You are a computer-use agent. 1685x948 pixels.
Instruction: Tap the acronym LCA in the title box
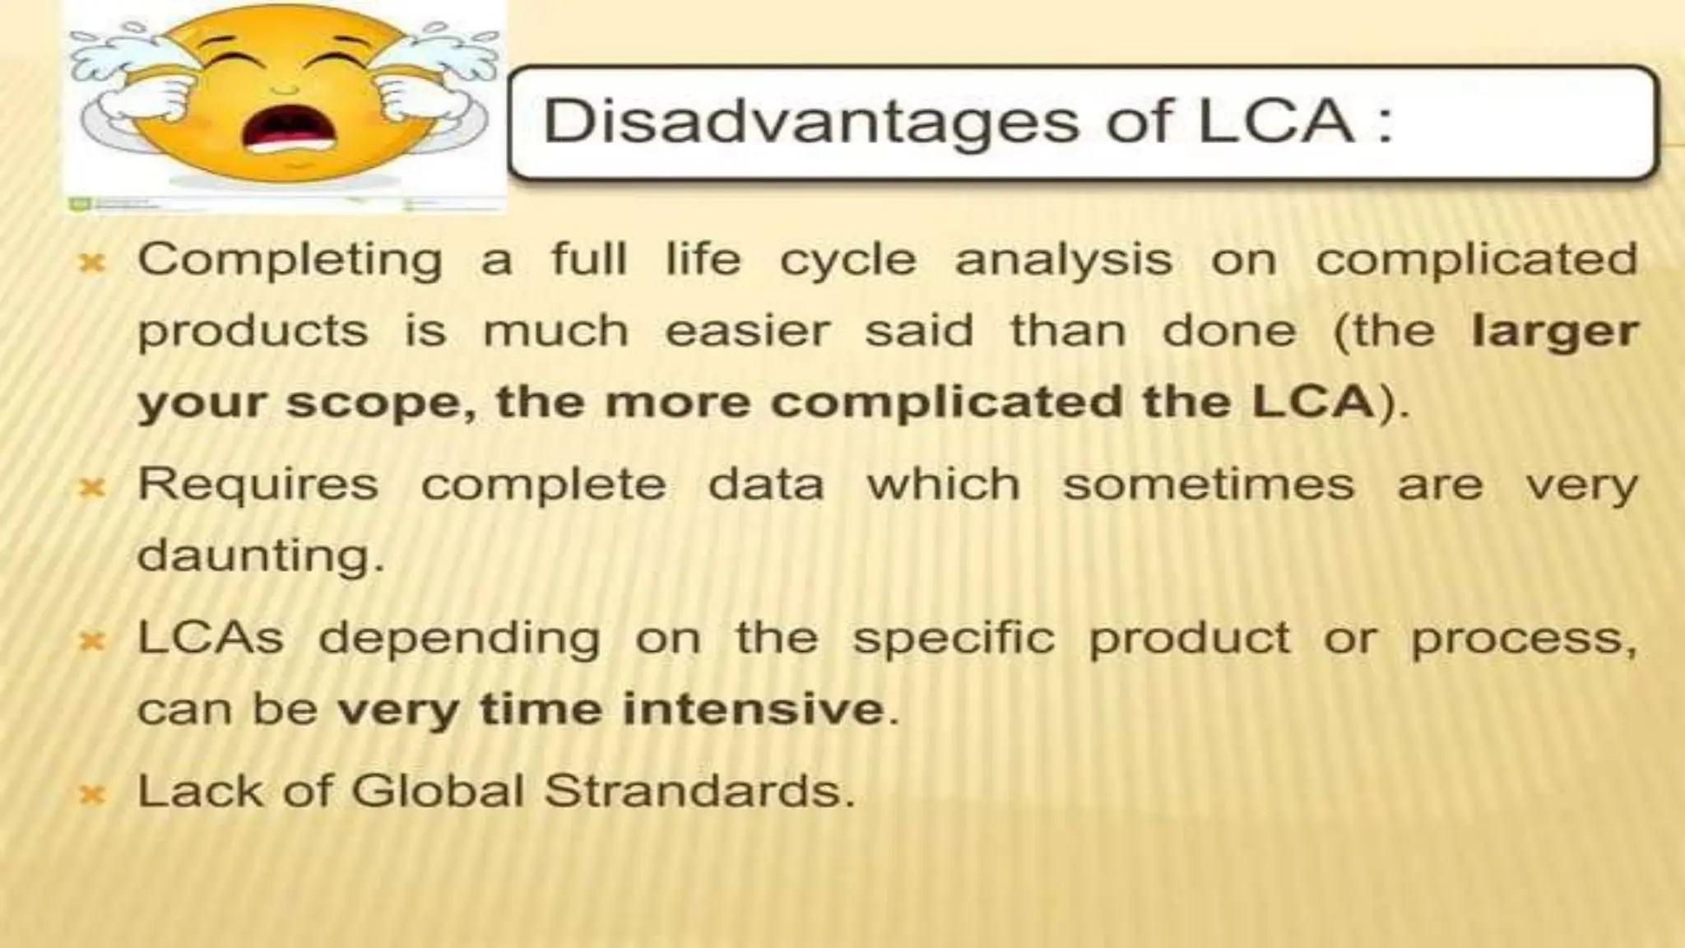coord(1274,121)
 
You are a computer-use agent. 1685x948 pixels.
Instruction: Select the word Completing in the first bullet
coord(290,260)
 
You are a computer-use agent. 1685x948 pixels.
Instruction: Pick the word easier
coord(747,332)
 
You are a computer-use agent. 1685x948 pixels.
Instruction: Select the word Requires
coord(258,485)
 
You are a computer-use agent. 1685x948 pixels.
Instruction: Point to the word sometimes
coord(1208,484)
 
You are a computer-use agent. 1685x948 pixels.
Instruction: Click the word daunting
coord(260,555)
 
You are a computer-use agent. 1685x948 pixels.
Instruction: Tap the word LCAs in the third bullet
coord(211,638)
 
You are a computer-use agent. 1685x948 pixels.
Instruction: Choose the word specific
coord(953,639)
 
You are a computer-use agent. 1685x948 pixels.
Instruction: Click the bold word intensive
coord(753,709)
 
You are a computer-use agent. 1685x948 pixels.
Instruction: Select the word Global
coord(438,792)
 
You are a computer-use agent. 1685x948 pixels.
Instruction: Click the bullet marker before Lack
coord(92,795)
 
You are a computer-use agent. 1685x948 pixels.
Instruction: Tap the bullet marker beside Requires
coord(92,488)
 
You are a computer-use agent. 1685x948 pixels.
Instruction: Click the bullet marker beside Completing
coord(92,263)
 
